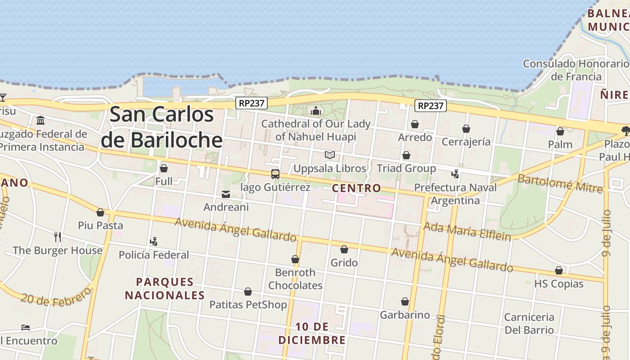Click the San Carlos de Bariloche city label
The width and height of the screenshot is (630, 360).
[x=162, y=127]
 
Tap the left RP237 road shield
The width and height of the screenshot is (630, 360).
[x=252, y=103]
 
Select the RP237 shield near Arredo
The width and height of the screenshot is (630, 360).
[x=430, y=106]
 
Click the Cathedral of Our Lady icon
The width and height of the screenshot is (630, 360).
[x=316, y=111]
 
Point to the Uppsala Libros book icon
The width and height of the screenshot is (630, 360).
[x=330, y=155]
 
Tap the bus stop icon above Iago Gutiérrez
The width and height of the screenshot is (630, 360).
[x=275, y=174]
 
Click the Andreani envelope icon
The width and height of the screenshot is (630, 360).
[x=226, y=194]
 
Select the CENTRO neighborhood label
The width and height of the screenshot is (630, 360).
[x=356, y=188]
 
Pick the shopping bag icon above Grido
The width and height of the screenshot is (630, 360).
[x=344, y=249]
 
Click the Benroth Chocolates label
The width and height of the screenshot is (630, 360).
[x=295, y=279]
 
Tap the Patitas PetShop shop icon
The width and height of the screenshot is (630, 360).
[x=247, y=292]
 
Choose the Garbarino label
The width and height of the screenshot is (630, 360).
[x=405, y=315]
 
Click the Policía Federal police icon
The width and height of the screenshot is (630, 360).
[x=153, y=242]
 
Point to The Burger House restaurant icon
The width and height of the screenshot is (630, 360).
[x=58, y=237]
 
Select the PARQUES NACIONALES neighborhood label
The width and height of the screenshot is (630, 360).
[x=165, y=288]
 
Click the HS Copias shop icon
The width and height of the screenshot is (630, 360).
[x=558, y=271]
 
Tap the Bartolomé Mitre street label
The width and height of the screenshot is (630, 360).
[x=560, y=183]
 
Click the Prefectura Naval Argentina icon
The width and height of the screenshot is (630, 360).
[x=455, y=174]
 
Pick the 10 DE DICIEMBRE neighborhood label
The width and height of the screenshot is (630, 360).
[x=312, y=333]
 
